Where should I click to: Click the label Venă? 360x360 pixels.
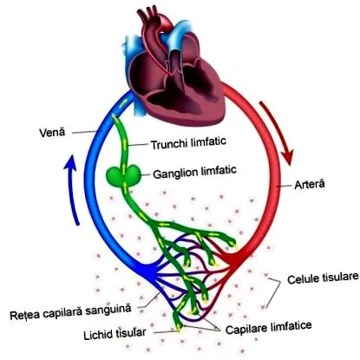coord(52,133)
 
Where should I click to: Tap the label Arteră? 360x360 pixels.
coord(310,184)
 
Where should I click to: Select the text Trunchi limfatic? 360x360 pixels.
coord(188,143)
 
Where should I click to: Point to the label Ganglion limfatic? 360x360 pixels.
coord(194,172)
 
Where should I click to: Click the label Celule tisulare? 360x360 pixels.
coord(323,278)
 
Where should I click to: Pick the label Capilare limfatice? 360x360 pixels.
coord(269,327)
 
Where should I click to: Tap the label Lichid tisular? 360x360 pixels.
coord(115,334)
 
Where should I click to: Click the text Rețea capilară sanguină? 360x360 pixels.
coord(70,311)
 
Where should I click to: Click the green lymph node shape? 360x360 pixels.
coord(124,175)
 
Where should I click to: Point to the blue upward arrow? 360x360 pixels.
coord(72,188)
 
